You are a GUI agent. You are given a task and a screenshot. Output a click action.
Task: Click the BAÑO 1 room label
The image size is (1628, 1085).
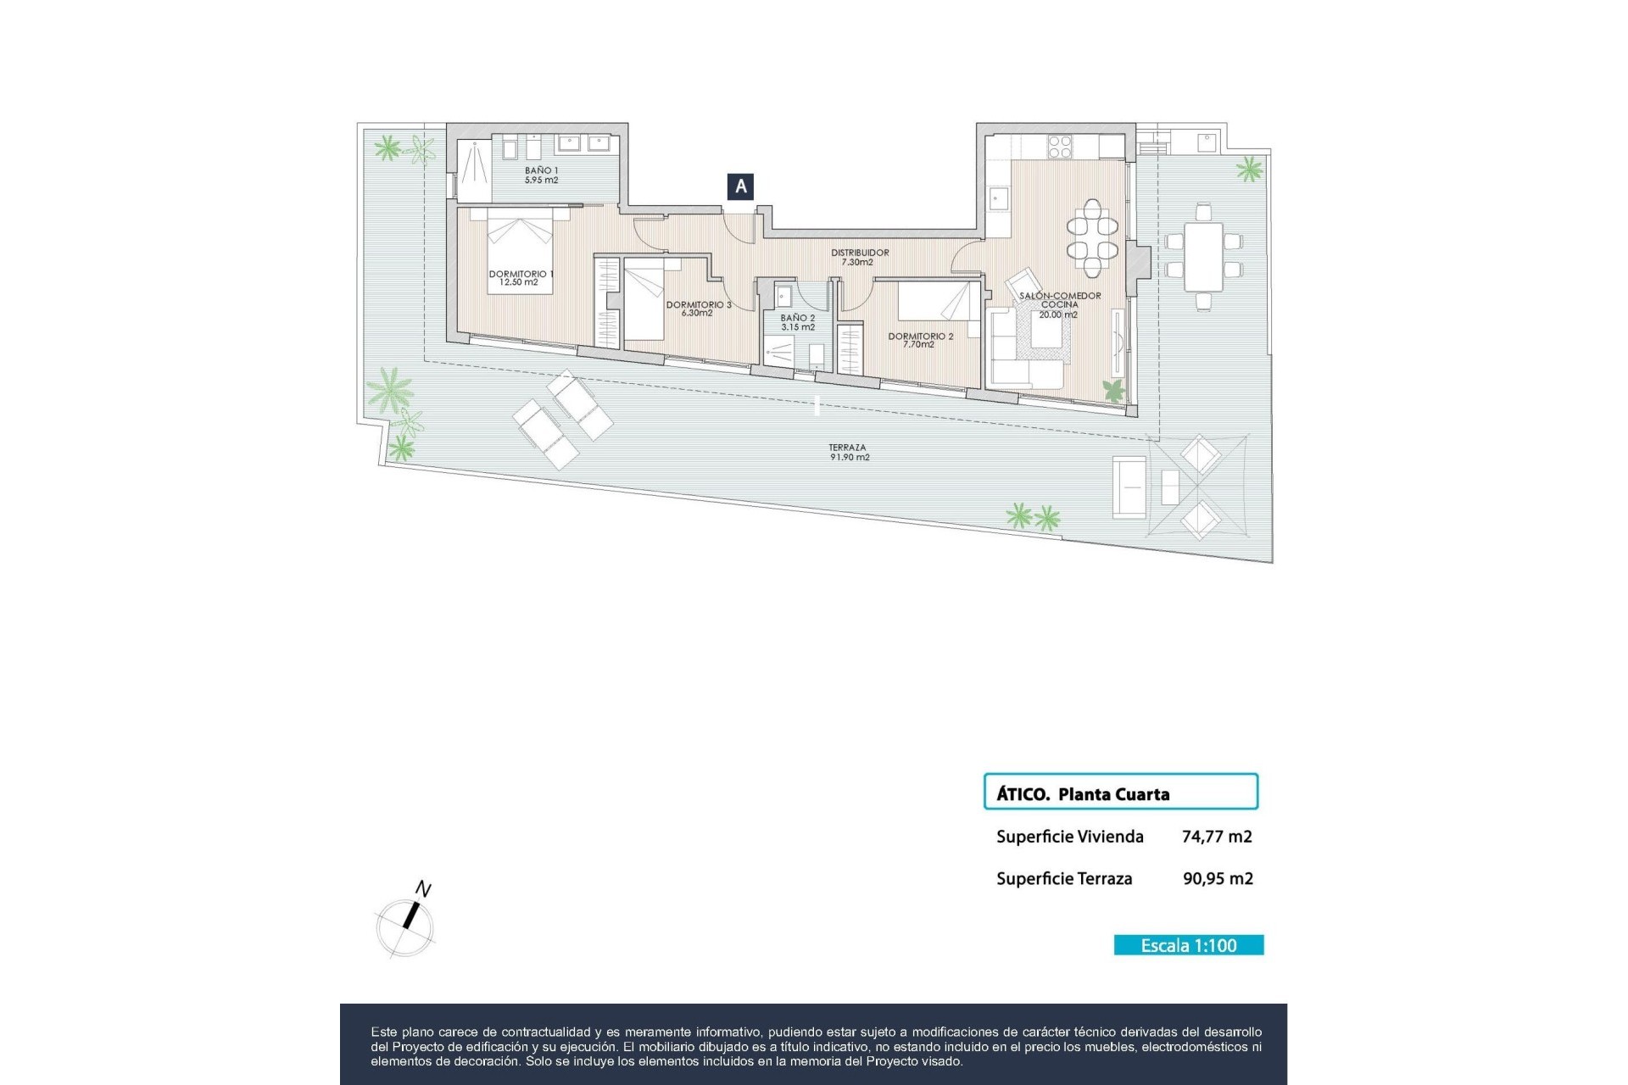coord(541,175)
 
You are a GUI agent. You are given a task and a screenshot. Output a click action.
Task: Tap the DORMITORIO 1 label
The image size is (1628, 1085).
coord(520,278)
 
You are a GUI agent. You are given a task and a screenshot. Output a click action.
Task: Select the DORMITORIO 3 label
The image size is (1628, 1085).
coord(698,309)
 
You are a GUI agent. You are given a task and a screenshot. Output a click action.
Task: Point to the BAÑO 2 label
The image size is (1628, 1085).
coord(798,322)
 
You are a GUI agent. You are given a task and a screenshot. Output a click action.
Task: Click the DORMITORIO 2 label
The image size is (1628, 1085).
coord(921,340)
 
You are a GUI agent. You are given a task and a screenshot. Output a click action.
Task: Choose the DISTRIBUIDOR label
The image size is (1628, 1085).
coord(859,257)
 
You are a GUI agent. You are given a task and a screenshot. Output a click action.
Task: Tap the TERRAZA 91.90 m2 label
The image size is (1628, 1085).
coord(849,453)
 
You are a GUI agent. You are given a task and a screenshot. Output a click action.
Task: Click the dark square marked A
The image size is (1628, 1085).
coord(740,186)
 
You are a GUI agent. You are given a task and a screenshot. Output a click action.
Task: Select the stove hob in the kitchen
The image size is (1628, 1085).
coord(1060,147)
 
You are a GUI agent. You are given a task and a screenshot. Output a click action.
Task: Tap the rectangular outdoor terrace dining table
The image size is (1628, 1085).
coord(1203,256)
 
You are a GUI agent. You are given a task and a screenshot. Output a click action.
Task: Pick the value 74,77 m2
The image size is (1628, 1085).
coord(1217,837)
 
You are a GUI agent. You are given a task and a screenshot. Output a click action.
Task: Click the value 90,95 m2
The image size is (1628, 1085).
coord(1218,879)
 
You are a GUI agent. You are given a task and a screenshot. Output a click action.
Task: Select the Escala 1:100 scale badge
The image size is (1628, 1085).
coord(1188,945)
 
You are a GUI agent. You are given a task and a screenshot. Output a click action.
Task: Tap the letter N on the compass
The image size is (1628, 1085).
coord(422,889)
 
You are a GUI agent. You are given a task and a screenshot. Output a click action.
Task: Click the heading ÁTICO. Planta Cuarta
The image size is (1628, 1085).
coord(1083,794)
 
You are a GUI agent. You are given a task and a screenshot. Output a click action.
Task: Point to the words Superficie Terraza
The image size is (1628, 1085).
coord(1064,879)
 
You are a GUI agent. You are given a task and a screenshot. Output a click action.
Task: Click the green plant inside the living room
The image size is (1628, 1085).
coord(1112,390)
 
